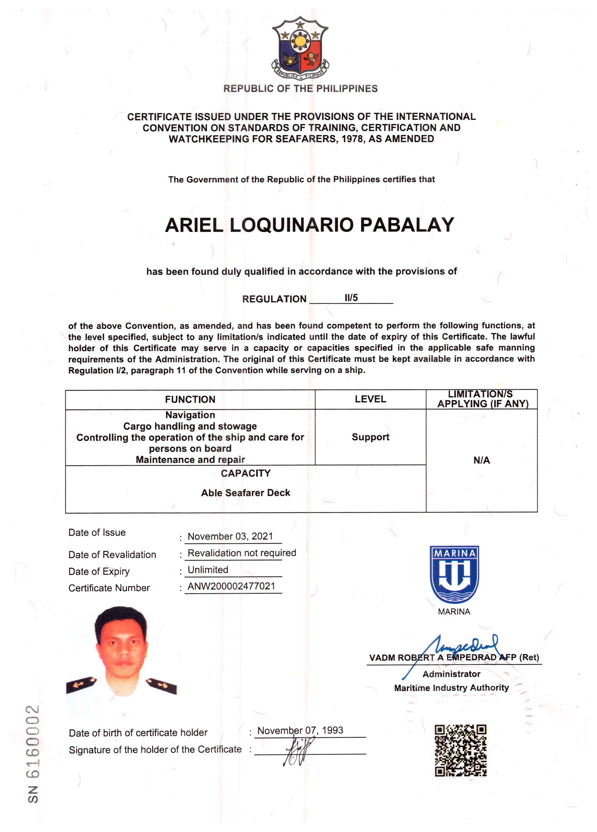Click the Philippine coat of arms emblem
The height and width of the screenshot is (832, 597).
click(300, 48)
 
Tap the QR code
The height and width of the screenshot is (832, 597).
click(460, 750)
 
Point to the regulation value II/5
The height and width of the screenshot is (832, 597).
click(351, 297)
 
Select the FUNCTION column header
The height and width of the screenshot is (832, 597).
click(190, 399)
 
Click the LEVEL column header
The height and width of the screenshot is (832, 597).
click(370, 399)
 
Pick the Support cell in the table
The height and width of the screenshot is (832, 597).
click(370, 437)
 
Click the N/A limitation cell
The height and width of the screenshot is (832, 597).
click(481, 460)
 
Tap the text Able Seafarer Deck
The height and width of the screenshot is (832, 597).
click(245, 493)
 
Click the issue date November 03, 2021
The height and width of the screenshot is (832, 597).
click(230, 536)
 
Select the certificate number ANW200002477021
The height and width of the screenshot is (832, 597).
click(232, 586)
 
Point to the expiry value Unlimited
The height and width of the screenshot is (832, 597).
click(208, 570)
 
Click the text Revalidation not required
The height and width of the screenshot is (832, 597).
click(242, 553)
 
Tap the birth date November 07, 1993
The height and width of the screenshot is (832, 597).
click(300, 730)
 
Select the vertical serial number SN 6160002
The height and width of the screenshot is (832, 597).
click(33, 754)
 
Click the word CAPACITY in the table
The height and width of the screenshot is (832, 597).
click(245, 473)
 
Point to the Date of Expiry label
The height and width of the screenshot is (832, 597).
click(99, 571)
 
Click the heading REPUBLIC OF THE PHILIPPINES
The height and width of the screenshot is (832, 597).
click(300, 88)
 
